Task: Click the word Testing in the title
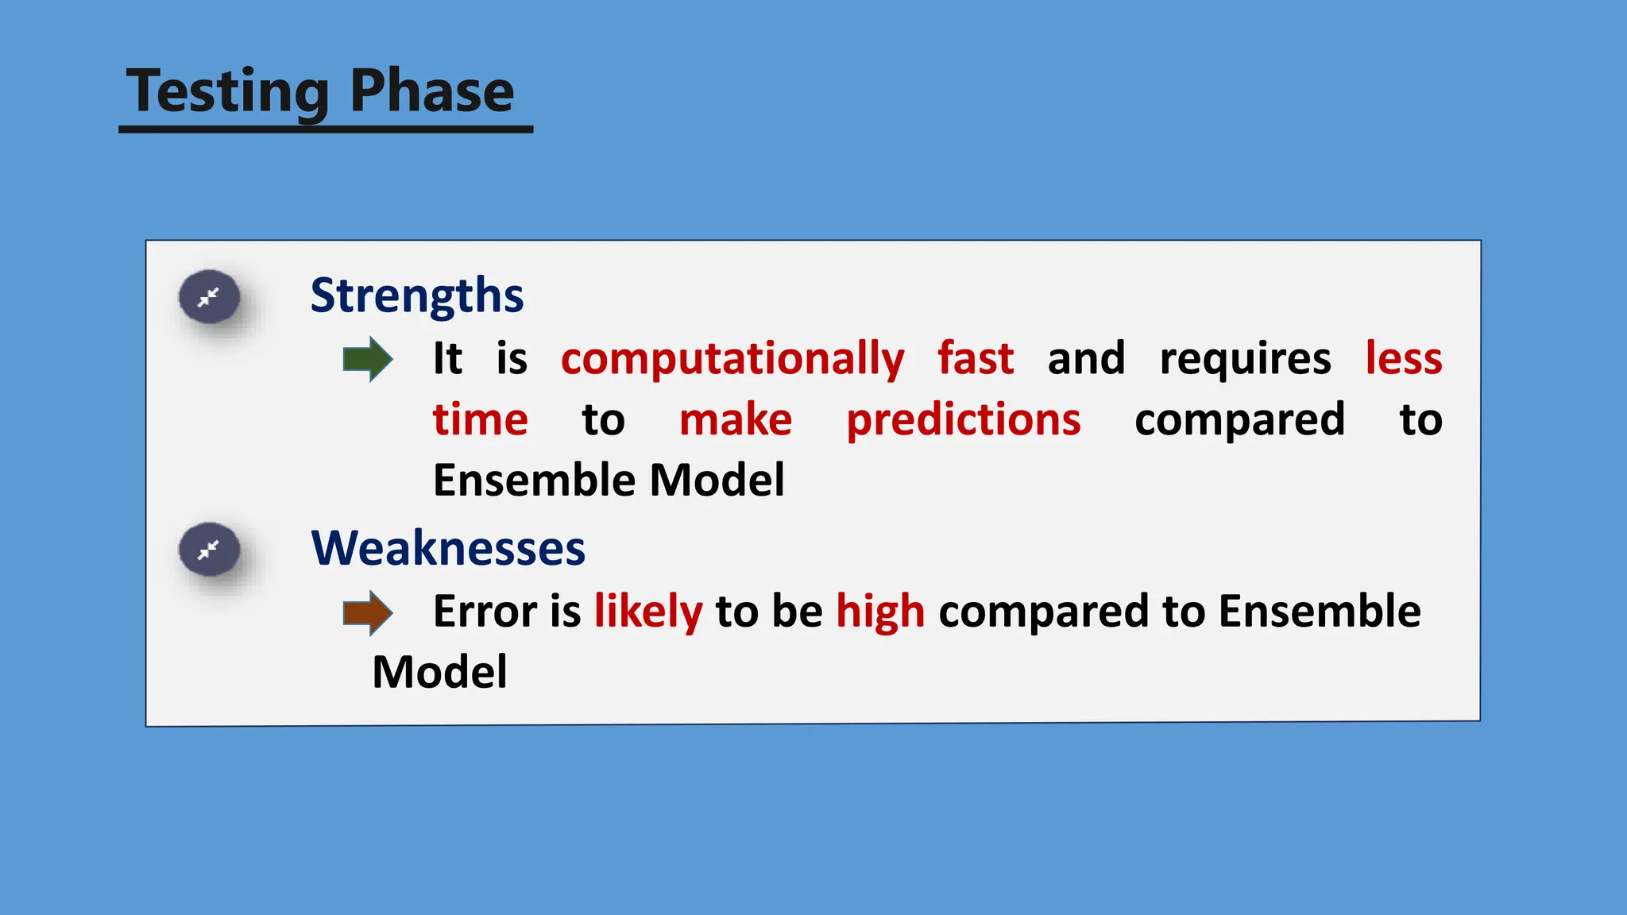(x=227, y=91)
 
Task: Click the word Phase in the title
(x=431, y=91)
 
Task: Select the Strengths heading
(x=417, y=295)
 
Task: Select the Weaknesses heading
(x=448, y=548)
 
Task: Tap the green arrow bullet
(x=367, y=359)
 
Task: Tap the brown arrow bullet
(x=367, y=612)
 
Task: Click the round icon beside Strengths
(x=210, y=298)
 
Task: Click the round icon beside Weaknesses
(x=210, y=550)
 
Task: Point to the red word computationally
(x=732, y=359)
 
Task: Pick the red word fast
(x=976, y=359)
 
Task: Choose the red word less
(x=1404, y=359)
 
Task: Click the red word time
(x=481, y=420)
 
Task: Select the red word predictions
(x=964, y=420)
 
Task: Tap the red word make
(x=736, y=420)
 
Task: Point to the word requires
(x=1245, y=359)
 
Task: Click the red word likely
(x=648, y=612)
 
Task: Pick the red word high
(x=880, y=612)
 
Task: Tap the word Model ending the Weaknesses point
(x=439, y=673)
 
